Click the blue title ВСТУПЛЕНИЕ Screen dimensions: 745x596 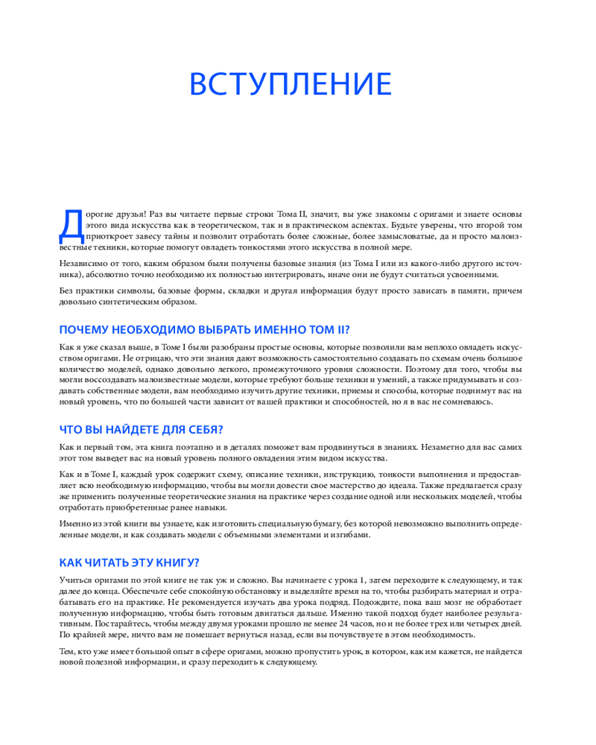click(x=291, y=84)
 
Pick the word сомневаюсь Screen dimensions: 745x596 click(x=466, y=402)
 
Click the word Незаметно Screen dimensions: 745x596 click(x=443, y=447)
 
